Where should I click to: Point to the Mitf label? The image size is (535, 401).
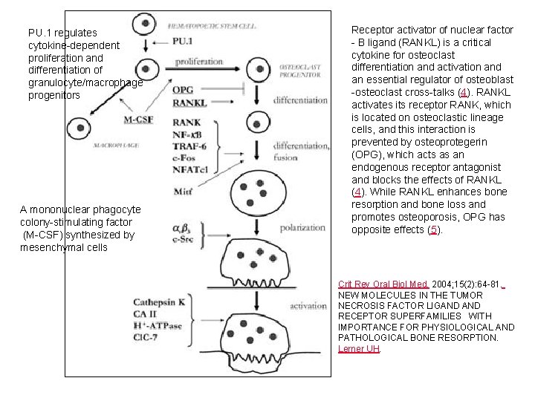tap(183, 191)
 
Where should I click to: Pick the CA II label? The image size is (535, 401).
tap(146, 313)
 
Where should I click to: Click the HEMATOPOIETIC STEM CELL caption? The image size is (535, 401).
tap(214, 25)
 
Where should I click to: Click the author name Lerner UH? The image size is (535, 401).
tap(359, 348)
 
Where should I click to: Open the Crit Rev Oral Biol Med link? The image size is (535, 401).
tap(372, 284)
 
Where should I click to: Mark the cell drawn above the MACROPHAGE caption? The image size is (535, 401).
tap(80, 128)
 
